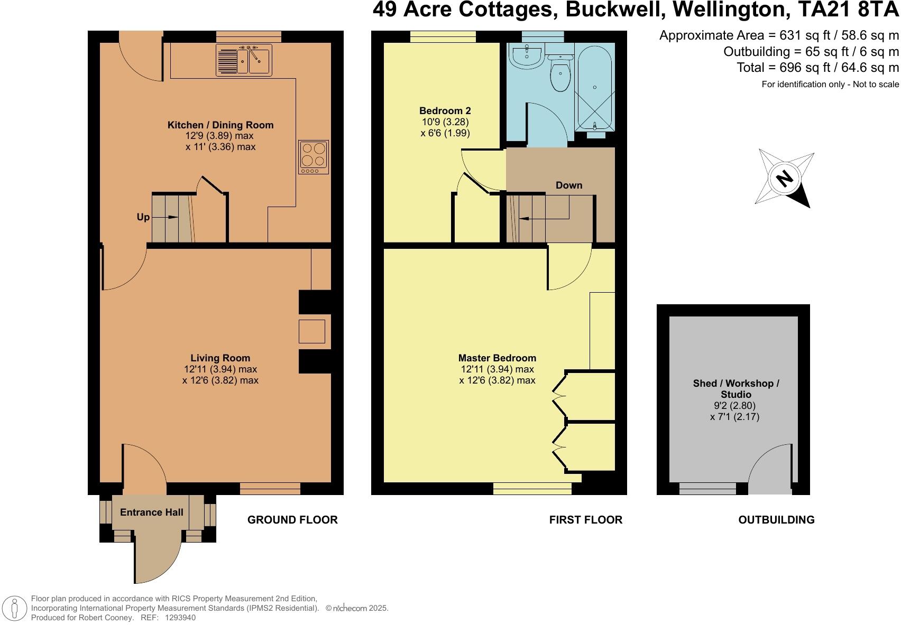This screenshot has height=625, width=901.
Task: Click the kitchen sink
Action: (x=244, y=60)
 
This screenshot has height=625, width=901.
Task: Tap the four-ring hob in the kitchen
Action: (x=314, y=157)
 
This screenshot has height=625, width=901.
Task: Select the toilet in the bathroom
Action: (x=560, y=73)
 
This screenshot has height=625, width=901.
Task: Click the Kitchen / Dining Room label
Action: (x=220, y=125)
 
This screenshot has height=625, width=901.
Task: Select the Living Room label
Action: (x=220, y=358)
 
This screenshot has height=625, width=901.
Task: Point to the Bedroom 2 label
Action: (x=445, y=110)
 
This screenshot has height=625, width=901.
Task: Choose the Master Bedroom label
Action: (x=497, y=358)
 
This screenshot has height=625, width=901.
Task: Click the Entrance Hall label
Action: (x=152, y=512)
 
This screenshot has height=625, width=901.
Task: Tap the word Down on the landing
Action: (x=569, y=185)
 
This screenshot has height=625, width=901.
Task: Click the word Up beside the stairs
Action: (x=143, y=218)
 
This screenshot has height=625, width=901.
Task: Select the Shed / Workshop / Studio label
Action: (x=735, y=389)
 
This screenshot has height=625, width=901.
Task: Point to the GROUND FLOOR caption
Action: (x=292, y=520)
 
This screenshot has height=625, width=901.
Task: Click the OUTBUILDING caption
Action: (x=776, y=520)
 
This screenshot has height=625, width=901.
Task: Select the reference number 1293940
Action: (x=180, y=618)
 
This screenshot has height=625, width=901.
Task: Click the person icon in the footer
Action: (x=14, y=608)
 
